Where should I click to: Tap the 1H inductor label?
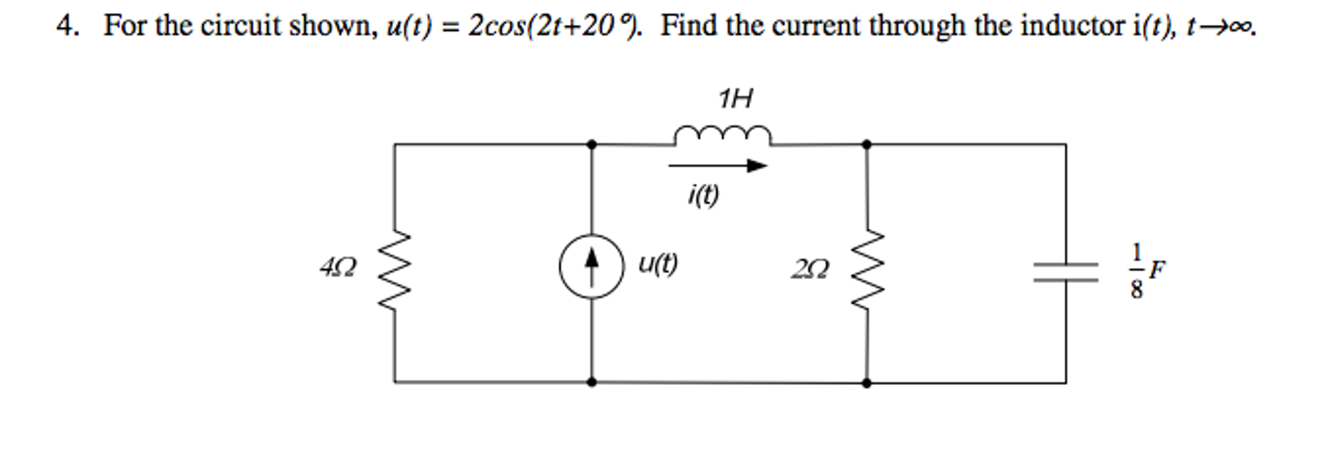736,99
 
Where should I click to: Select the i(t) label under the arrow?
703,195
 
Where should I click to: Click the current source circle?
591,267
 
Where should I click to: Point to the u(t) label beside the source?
657,263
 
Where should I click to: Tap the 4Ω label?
338,267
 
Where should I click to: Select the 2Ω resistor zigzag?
867,270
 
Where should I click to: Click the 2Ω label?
809,269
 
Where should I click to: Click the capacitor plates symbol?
1066,272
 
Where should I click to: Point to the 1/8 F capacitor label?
1145,270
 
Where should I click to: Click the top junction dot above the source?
591,144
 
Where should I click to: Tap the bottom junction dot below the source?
591,382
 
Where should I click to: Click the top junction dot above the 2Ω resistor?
867,144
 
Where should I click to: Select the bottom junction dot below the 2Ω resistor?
867,382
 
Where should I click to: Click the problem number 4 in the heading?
64,26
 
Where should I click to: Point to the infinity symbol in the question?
1241,28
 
